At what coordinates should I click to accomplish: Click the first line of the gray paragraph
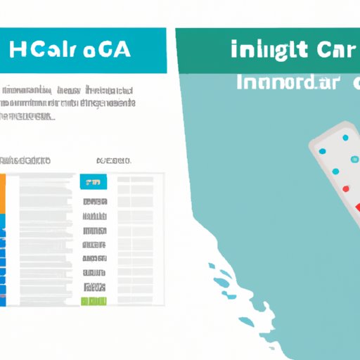point(68,90)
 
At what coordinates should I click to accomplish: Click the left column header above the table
point(27,161)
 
